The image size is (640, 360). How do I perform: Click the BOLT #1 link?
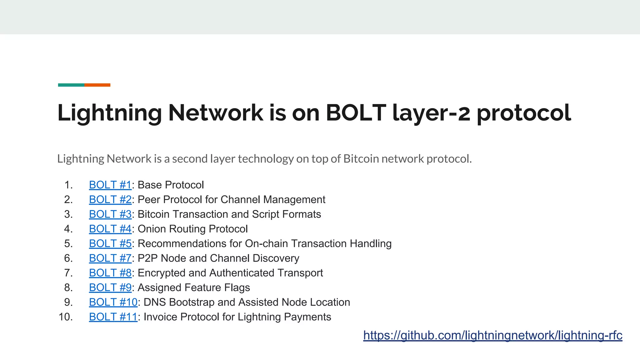click(x=110, y=185)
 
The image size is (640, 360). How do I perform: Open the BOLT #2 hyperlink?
click(x=110, y=200)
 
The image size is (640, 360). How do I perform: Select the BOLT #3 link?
click(x=110, y=214)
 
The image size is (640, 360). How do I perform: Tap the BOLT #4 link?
click(x=110, y=229)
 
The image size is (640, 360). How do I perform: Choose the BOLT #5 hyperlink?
click(x=110, y=244)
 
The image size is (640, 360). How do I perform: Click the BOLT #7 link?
click(x=110, y=258)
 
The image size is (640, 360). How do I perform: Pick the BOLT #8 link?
click(x=110, y=273)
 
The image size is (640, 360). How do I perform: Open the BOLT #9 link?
click(x=110, y=288)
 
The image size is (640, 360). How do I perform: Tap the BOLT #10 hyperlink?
click(x=113, y=302)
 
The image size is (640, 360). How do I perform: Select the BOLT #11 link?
click(x=113, y=317)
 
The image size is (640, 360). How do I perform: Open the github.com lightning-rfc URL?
click(x=492, y=336)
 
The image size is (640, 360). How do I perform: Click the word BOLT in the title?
click(x=356, y=112)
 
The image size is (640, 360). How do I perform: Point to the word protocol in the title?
click(x=524, y=113)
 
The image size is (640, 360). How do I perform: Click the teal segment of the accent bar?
click(x=71, y=85)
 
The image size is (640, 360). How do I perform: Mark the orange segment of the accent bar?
click(x=97, y=85)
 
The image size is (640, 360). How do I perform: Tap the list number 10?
click(x=66, y=317)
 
